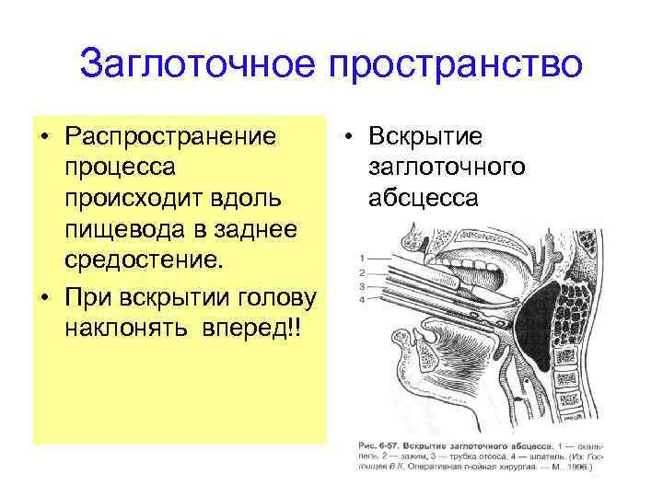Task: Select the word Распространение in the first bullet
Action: coord(170,137)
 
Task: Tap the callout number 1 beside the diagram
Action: coord(363,258)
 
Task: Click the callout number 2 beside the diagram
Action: coord(363,272)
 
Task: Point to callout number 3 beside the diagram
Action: coord(363,285)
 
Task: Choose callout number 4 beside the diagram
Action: coord(363,299)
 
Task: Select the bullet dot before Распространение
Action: coord(43,138)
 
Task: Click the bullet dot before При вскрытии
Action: coord(43,300)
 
